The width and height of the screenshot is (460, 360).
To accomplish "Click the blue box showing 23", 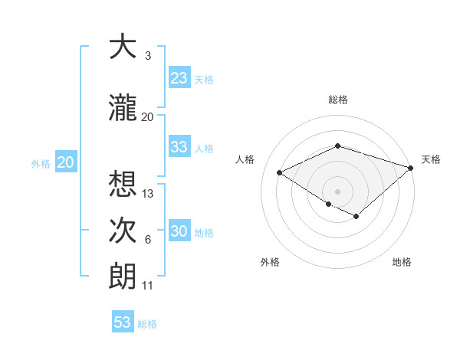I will (x=179, y=78).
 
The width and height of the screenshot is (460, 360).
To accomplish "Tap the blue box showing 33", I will (x=179, y=147).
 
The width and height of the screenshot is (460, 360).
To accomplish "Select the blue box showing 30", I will (x=179, y=232).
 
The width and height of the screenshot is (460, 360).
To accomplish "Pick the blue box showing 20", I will (x=66, y=162).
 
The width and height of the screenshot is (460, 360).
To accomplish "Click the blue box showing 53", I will (x=123, y=322).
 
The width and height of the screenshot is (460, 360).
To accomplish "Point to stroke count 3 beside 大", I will (x=147, y=56).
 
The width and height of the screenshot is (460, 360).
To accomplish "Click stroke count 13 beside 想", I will (x=148, y=194).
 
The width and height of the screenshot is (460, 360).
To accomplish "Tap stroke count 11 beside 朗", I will (x=148, y=286).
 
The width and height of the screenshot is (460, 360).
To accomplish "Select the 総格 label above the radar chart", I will (x=338, y=100).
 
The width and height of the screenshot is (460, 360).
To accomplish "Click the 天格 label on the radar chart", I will (x=431, y=159).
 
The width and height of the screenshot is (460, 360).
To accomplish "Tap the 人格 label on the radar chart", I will (x=245, y=159).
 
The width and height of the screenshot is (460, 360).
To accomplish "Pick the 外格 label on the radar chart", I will (x=270, y=262).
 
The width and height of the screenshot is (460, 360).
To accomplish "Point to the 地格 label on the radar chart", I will (x=402, y=262).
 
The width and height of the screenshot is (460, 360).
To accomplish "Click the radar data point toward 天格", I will (x=411, y=168).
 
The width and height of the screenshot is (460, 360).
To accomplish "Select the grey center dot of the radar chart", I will (x=337, y=190).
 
